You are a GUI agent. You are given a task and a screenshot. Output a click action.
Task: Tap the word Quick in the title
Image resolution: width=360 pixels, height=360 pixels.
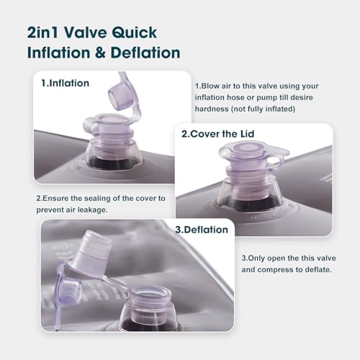[135, 33]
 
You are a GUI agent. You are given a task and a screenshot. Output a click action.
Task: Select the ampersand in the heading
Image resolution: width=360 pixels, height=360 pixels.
[100, 53]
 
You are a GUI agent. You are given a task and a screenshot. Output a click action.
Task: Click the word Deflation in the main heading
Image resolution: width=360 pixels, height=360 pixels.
[145, 53]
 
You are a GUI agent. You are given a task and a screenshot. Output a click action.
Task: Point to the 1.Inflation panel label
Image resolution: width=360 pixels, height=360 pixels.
[66, 83]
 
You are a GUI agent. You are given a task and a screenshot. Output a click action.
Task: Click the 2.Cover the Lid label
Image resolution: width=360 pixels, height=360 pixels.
[217, 134]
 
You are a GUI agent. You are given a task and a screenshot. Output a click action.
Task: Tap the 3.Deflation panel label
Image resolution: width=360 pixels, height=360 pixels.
[202, 230]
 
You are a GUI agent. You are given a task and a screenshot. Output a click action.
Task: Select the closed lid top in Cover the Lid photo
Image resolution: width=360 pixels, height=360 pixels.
[243, 149]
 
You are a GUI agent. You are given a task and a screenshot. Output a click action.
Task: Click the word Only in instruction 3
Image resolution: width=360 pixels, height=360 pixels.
[256, 258]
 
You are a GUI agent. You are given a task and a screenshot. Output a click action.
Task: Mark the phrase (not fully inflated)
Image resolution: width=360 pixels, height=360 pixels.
[263, 109]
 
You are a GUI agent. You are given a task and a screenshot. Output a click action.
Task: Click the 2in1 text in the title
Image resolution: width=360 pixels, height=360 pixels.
[42, 32]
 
